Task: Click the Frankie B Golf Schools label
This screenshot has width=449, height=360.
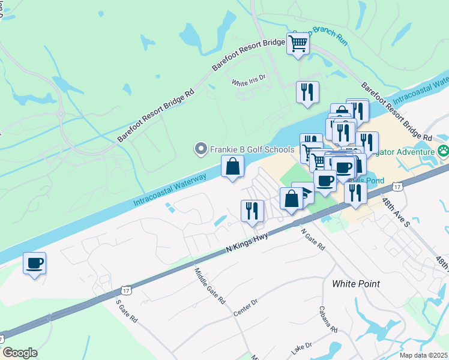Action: (252, 148)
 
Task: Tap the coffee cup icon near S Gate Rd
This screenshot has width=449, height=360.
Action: (34, 263)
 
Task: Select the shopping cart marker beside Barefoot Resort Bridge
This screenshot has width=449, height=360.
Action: (298, 43)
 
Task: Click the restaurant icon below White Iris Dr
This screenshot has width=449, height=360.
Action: (307, 92)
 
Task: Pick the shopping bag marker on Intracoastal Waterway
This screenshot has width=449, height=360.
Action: (232, 166)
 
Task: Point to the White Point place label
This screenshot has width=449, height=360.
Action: (356, 283)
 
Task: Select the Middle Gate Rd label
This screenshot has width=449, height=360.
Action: (209, 286)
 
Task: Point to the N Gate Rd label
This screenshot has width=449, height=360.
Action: (313, 239)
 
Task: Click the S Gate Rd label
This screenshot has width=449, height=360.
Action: (126, 310)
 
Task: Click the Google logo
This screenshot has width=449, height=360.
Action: (20, 352)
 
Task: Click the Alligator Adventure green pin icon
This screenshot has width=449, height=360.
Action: (443, 151)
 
